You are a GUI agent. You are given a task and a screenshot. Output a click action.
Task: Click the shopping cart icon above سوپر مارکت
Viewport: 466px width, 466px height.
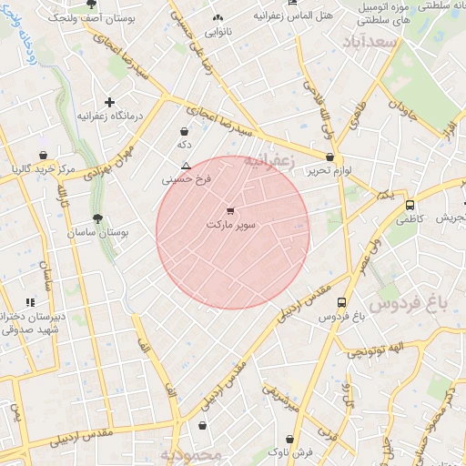[x=229, y=210]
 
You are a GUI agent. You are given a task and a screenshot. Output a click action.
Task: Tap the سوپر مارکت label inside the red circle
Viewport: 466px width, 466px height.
[x=232, y=224]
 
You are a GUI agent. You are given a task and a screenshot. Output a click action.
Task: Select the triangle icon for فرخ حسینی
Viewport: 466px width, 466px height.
[x=186, y=167]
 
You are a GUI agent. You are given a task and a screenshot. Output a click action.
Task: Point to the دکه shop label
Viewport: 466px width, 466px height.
[x=184, y=145]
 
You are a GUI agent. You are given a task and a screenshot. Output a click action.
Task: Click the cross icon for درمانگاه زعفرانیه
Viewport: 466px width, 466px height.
[x=110, y=103]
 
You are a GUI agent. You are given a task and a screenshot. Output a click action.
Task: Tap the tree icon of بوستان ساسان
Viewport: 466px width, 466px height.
[x=97, y=218]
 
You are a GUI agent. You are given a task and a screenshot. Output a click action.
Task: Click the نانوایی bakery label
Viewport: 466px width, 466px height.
[x=218, y=32]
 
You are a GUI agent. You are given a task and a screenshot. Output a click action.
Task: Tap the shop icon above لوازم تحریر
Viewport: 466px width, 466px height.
[x=329, y=157]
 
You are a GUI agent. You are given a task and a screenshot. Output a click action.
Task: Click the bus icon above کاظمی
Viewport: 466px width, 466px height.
[x=410, y=205]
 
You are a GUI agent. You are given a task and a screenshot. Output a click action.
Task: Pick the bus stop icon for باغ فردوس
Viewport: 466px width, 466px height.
[x=341, y=303]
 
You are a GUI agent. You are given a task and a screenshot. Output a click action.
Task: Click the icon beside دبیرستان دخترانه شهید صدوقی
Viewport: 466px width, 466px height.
[x=30, y=302]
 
